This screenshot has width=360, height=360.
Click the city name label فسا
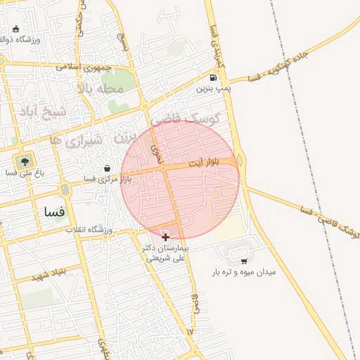pyautogui.click(x=53, y=211)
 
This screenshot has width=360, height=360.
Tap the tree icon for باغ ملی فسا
pyautogui.click(x=25, y=160)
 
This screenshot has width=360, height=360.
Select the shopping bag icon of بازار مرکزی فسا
pyautogui.click(x=107, y=169)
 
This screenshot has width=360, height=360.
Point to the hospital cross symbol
pyautogui.click(x=165, y=238)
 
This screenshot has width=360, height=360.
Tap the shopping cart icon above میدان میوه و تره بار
pyautogui.click(x=243, y=262)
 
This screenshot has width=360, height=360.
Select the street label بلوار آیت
pyautogui.click(x=203, y=162)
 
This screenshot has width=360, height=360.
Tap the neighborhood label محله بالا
pyautogui.click(x=101, y=89)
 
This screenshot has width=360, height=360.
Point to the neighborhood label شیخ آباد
pyautogui.click(x=42, y=112)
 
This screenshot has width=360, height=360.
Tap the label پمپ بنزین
pyautogui.click(x=213, y=89)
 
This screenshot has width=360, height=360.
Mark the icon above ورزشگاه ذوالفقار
pyautogui.click(x=16, y=30)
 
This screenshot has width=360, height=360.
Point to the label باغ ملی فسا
pyautogui.click(x=25, y=172)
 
